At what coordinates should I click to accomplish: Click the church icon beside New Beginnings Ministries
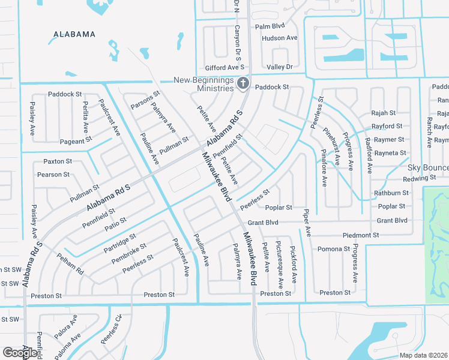(x=243, y=83)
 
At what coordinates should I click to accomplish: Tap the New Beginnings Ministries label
(x=203, y=84)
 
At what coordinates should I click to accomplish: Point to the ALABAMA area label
(x=74, y=34)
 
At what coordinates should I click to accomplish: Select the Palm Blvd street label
(x=270, y=26)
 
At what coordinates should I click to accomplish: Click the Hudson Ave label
(x=279, y=38)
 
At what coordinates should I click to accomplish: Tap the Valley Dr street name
(x=280, y=67)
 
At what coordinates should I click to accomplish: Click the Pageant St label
(x=76, y=140)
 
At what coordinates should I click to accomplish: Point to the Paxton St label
(x=58, y=161)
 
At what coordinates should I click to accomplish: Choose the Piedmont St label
(x=361, y=235)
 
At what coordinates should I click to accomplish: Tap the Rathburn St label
(x=391, y=193)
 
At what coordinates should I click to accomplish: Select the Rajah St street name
(x=384, y=113)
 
